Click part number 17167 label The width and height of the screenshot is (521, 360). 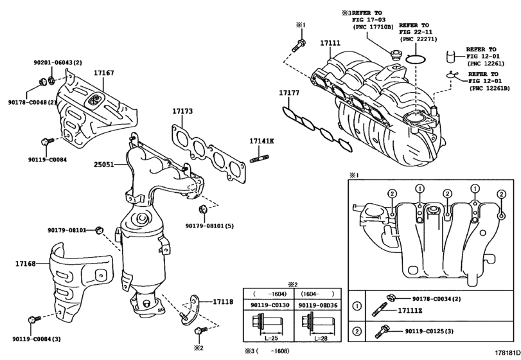[x=103, y=73]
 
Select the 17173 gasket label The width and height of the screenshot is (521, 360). [x=182, y=111]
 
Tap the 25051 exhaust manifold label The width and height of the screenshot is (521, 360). [x=103, y=165]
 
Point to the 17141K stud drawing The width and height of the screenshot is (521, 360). [x=259, y=159]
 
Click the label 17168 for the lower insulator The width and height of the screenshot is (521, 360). [x=25, y=264]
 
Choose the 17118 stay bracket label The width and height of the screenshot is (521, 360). [x=223, y=302]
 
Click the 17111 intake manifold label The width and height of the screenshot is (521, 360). [x=330, y=43]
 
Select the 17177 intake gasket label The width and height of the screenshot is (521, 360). [x=288, y=93]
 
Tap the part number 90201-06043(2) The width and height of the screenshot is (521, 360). [x=58, y=62]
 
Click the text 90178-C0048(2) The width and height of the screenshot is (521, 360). [x=32, y=102]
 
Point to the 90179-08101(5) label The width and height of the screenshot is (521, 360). [x=209, y=226]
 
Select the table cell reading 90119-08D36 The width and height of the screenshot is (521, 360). [x=317, y=305]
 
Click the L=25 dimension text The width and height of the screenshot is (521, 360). [x=271, y=338]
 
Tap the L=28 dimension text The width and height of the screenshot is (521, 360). [x=321, y=338]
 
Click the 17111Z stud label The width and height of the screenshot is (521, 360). [x=410, y=310]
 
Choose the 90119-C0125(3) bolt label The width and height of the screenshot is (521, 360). [x=429, y=332]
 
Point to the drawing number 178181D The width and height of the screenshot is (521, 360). [x=508, y=353]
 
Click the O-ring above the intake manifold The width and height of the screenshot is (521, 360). [x=416, y=59]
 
